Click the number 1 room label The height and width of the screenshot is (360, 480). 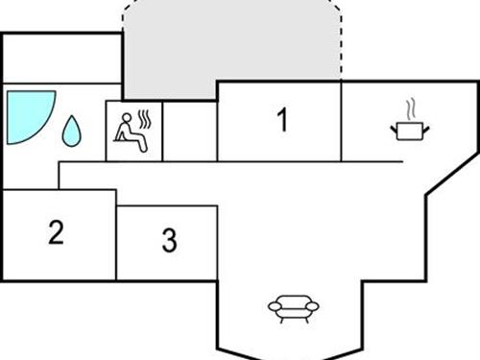click(281, 121)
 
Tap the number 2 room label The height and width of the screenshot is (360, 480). click(57, 233)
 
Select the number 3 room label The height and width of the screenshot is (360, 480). click(169, 241)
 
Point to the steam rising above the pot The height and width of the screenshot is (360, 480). click(411, 106)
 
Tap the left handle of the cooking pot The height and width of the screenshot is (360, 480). click(395, 126)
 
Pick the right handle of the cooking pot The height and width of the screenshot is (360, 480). click(427, 126)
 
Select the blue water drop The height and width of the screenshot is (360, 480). click(72, 132)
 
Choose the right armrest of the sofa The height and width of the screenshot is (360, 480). click(314, 308)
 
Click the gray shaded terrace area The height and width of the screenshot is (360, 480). click(230, 48)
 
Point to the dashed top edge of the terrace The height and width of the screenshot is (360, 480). click(230, 2)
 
